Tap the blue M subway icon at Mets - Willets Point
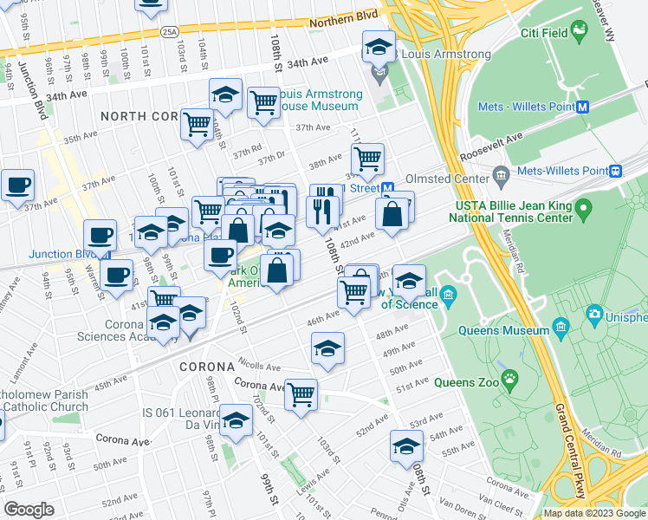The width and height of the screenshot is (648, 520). click(583, 107)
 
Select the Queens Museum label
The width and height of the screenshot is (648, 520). click(514, 330)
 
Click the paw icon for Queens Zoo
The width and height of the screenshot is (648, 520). click(512, 378)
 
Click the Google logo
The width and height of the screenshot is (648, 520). click(29, 510)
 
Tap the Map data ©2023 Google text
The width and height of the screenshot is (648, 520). click(593, 513)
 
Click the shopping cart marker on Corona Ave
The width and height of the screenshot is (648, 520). click(301, 394)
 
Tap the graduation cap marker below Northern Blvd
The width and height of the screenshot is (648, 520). click(379, 46)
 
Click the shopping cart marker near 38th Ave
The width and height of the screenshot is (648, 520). click(368, 159)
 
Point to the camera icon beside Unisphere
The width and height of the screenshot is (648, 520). click(594, 313)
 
